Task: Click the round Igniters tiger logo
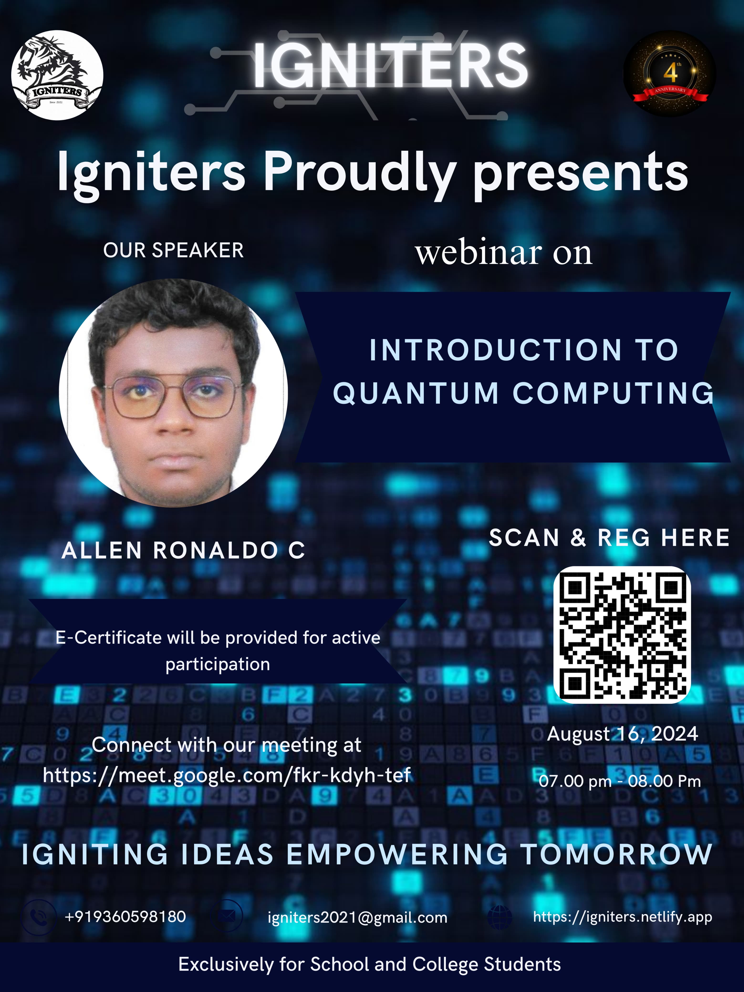point(57,75)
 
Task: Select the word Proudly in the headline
point(359,173)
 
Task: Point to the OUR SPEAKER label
point(173,250)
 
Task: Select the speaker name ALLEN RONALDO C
point(183,550)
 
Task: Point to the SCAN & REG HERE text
point(609,538)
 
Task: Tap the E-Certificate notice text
point(218,650)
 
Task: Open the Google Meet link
point(227,775)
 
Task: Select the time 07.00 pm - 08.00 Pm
point(619,781)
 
